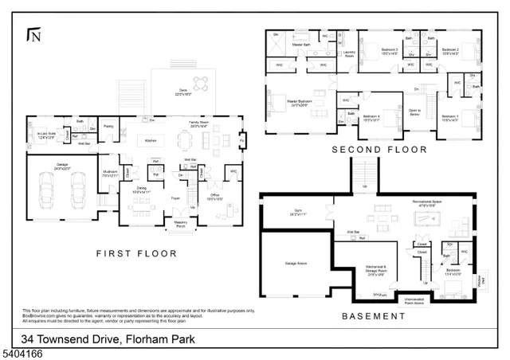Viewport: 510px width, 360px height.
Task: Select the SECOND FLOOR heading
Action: pyautogui.click(x=379, y=149)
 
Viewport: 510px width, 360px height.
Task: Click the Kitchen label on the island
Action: pyautogui.click(x=148, y=141)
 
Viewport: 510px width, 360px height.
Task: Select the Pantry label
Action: pyautogui.click(x=109, y=127)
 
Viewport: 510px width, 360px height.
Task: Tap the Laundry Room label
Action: pyautogui.click(x=348, y=55)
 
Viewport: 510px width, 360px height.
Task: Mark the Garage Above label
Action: pyautogui.click(x=285, y=262)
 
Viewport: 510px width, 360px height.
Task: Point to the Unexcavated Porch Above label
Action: pyautogui.click(x=414, y=301)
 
